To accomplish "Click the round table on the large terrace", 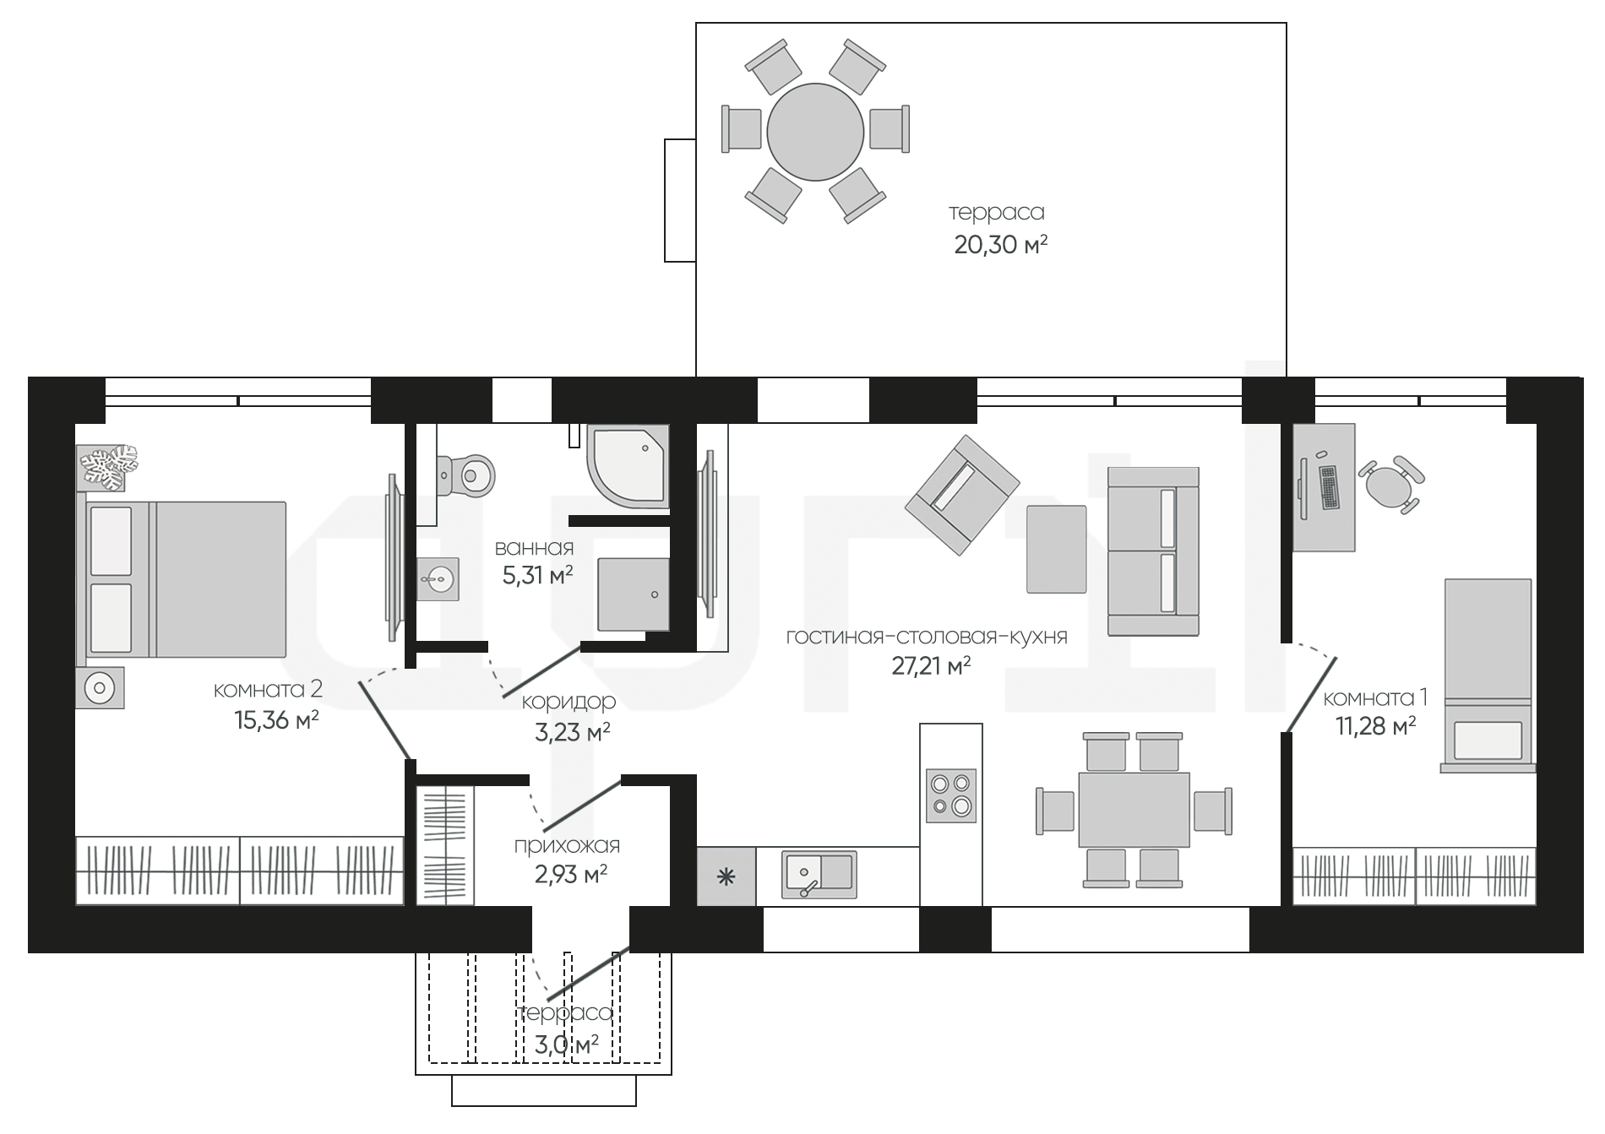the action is click(x=815, y=131).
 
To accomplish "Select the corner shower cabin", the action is click(x=628, y=466).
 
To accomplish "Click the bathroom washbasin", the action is click(x=438, y=578).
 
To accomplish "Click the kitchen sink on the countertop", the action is click(x=819, y=874).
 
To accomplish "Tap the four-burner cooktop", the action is click(x=951, y=795).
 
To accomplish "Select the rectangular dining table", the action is click(x=1134, y=809).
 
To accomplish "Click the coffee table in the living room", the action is click(x=1056, y=549).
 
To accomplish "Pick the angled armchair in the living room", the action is click(x=962, y=495).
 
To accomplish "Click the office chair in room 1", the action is click(x=1390, y=484).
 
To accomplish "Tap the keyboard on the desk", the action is click(x=1328, y=487).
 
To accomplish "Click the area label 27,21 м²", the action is click(x=931, y=666).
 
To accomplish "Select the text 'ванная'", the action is click(x=534, y=549).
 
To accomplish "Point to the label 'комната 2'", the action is click(x=268, y=690).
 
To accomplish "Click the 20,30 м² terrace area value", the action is click(x=1001, y=245).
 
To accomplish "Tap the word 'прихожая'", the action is click(x=567, y=845).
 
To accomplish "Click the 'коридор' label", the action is click(x=569, y=702).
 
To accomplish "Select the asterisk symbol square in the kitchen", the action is click(x=726, y=876).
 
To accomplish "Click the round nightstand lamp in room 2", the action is click(x=101, y=688).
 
